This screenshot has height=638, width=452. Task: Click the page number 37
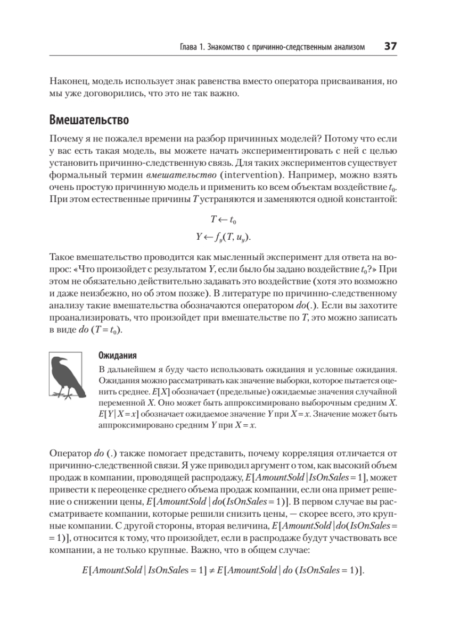[390, 47]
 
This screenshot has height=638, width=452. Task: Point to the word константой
[371, 200]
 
